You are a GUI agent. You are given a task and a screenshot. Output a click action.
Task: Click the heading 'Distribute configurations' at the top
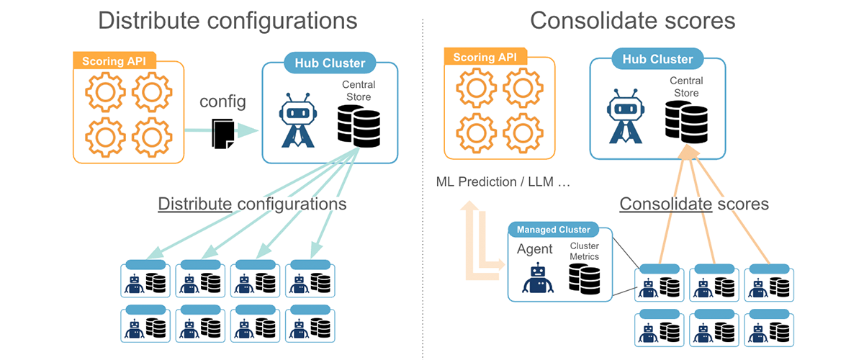pos(228,20)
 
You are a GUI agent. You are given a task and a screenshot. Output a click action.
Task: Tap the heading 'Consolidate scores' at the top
pos(633,20)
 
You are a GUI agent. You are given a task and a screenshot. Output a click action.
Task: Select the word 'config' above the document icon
pos(222,102)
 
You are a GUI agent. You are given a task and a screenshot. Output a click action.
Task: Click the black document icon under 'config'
pos(222,133)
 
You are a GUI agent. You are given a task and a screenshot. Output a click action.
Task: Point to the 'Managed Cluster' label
pos(554,230)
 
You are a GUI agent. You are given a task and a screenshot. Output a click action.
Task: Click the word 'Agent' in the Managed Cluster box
pos(535,249)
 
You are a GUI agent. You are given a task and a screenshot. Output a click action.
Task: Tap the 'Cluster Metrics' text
pos(584,251)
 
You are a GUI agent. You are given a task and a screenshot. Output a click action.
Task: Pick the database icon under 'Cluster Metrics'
pos(584,278)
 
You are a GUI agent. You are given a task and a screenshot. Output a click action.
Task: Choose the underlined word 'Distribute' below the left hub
pos(195,204)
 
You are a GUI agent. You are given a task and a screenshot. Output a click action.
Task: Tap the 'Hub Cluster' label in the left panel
pos(330,63)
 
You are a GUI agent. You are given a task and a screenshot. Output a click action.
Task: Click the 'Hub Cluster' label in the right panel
pos(657,59)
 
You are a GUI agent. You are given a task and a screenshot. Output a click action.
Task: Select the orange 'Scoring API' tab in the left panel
pos(114,60)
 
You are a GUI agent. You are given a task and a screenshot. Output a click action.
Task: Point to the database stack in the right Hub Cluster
pos(685,120)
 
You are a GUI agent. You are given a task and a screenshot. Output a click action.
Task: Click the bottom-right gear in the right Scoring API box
pos(523,131)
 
